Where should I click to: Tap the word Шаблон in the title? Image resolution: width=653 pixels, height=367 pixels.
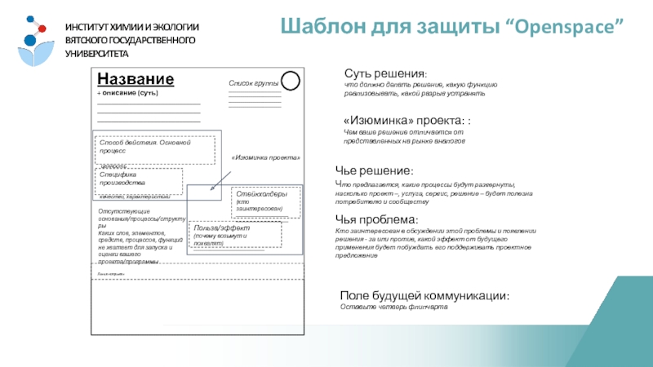pyautogui.click(x=326, y=27)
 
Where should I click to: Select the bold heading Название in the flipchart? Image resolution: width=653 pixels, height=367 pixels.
pyautogui.click(x=135, y=78)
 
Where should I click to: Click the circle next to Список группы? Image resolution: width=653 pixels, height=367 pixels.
pyautogui.click(x=291, y=82)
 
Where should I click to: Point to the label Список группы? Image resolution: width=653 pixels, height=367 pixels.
pyautogui.click(x=254, y=84)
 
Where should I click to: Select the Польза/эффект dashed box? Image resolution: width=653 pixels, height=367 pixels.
pyautogui.click(x=236, y=235)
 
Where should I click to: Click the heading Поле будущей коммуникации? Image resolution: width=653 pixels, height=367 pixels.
pyautogui.click(x=425, y=295)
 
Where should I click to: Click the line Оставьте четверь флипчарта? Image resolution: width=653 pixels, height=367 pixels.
pyautogui.click(x=394, y=307)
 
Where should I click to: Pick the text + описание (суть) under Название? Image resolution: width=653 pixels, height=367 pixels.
pyautogui.click(x=127, y=94)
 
